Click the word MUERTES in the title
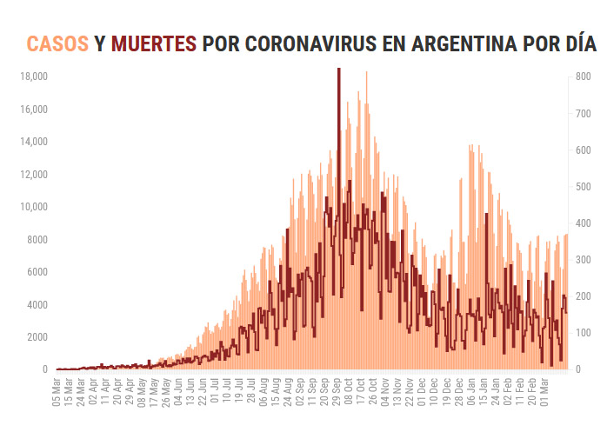point(153,43)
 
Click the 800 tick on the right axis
point(584,76)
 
